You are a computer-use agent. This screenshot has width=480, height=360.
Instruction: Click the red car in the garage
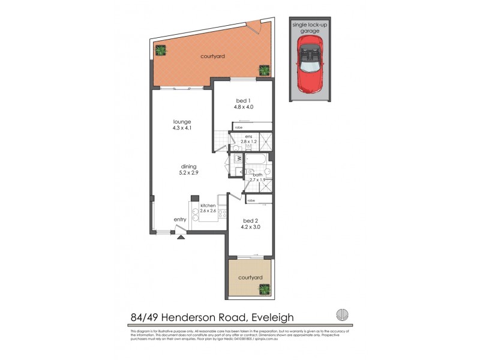310,63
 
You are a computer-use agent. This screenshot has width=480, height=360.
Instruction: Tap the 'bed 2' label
251,220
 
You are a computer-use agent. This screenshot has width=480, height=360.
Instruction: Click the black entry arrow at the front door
181,237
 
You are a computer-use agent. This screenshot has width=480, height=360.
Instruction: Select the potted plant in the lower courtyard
264,290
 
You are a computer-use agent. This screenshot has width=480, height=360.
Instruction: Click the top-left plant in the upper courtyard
161,50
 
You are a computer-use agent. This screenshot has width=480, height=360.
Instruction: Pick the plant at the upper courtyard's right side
264,70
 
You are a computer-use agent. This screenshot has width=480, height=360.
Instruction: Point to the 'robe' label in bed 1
238,128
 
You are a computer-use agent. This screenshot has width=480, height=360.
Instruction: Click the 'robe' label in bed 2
251,200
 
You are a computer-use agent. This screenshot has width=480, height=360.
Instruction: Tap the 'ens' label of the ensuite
248,137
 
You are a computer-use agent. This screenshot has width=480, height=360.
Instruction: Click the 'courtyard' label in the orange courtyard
212,56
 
